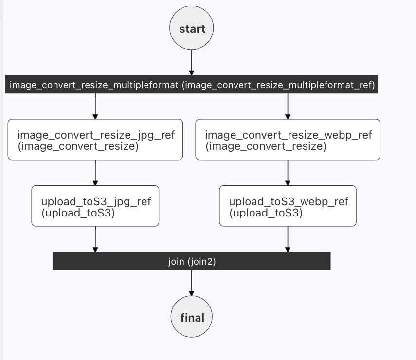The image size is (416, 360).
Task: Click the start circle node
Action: tap(191, 28)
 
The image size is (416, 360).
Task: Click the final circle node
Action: tap(192, 317)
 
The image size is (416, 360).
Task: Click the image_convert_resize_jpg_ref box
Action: tap(95, 140)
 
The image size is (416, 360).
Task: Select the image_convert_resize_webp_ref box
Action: tap(288, 140)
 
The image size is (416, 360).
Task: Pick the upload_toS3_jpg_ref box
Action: tap(95, 206)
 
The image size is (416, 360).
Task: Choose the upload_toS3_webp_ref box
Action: tap(288, 206)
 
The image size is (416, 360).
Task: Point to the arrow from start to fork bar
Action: tap(192, 62)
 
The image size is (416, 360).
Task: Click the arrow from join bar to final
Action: tap(192, 283)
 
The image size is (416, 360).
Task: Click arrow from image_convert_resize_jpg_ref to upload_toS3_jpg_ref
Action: tap(95, 172)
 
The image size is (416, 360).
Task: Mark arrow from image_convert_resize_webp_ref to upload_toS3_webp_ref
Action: tap(288, 172)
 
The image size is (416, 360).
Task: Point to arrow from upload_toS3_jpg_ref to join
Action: tap(95, 239)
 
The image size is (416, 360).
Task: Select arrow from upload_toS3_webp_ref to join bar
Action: tap(288, 239)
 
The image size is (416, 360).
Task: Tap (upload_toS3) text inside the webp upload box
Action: tap(266, 213)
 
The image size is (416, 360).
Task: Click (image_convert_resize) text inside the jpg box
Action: tap(78, 146)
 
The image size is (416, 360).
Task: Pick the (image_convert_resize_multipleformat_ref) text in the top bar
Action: tap(278, 85)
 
